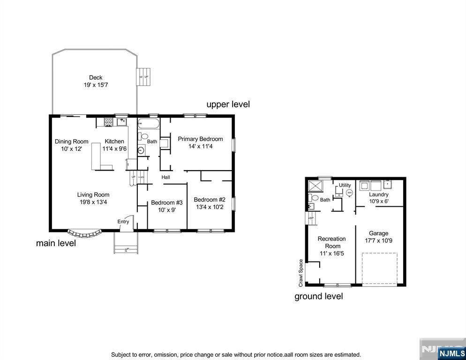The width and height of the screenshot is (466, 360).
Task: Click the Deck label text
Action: click(96, 78)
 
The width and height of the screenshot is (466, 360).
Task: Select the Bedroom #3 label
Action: click(166, 202)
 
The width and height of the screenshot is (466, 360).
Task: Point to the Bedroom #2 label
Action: click(210, 199)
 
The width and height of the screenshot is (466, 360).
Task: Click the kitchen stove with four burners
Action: click(108, 122)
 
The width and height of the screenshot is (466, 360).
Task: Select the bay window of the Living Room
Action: click(84, 233)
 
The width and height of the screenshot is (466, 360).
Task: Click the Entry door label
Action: click(123, 222)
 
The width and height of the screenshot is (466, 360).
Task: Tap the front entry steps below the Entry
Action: click(127, 242)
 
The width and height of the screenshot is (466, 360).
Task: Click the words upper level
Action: click(228, 104)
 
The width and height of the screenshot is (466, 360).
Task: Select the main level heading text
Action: click(56, 243)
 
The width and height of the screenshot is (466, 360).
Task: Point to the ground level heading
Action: click(318, 296)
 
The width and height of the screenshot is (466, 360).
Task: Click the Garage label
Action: click(378, 233)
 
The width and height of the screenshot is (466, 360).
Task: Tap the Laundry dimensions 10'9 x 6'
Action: click(378, 202)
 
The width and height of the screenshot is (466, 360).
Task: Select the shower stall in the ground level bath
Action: click(313, 186)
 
